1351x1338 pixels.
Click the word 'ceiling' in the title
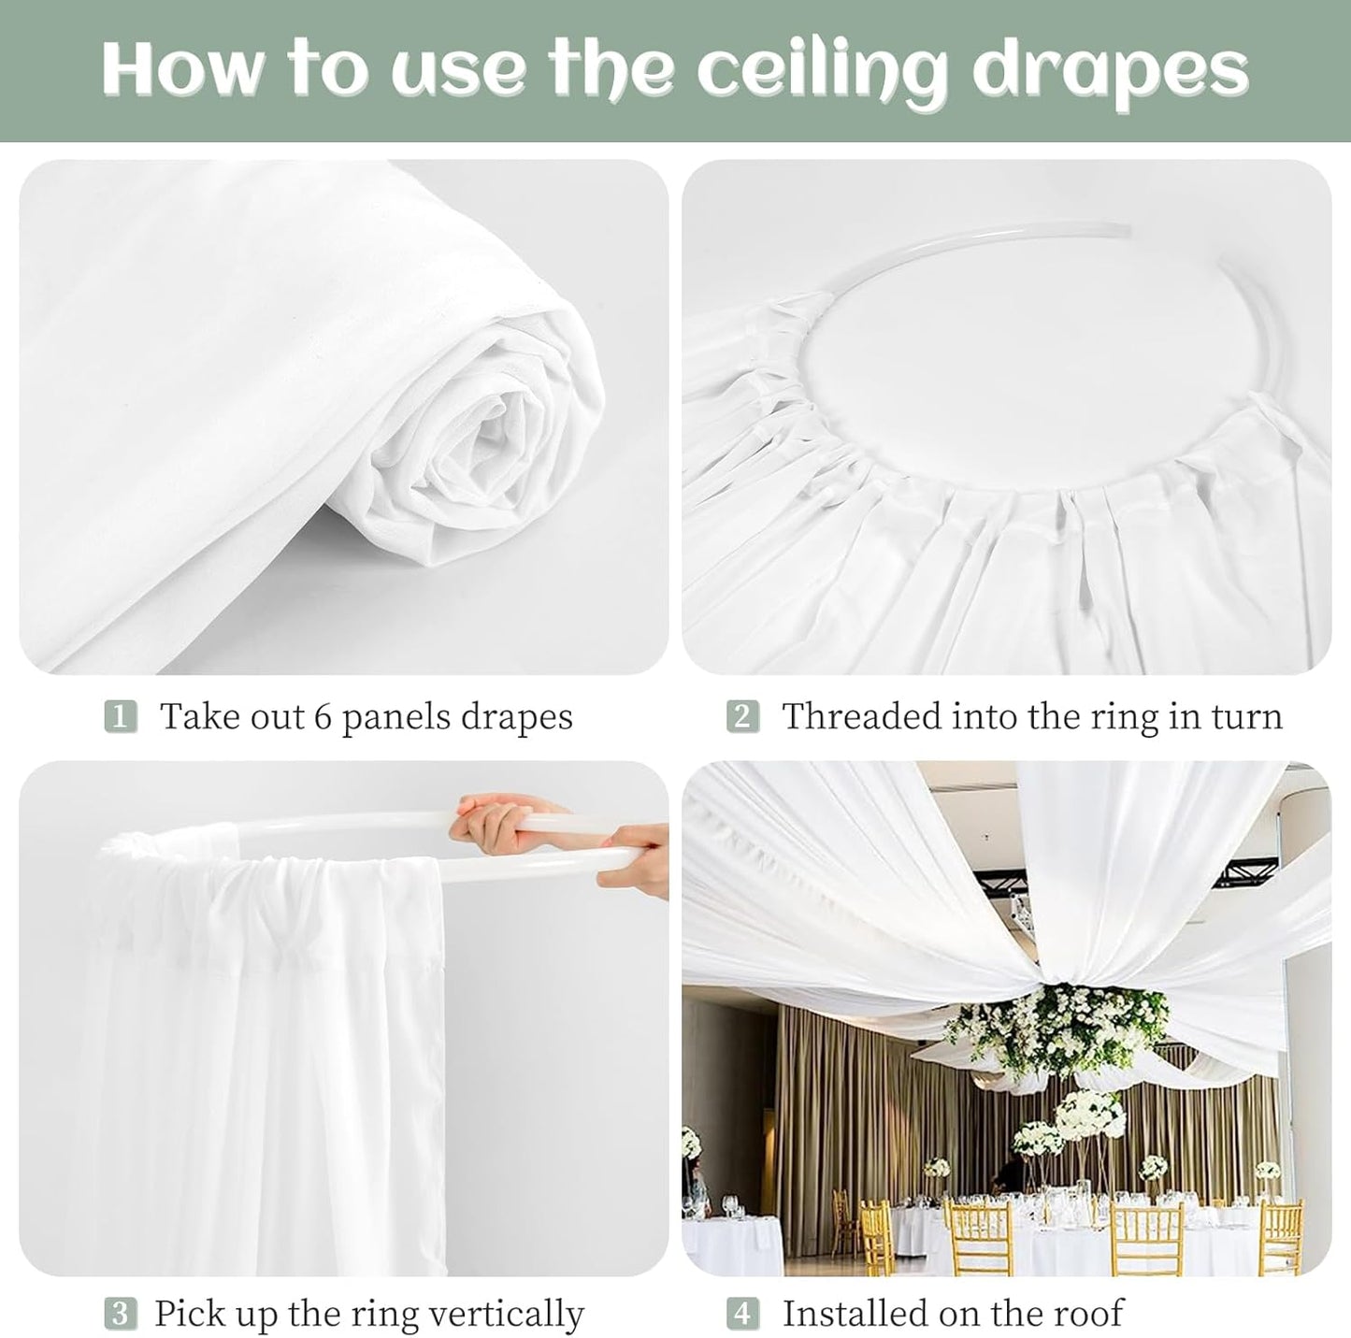(x=823, y=71)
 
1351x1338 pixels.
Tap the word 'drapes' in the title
(x=1110, y=71)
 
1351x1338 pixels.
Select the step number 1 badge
(x=120, y=717)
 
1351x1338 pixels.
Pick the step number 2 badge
(x=742, y=717)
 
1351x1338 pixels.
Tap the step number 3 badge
(x=120, y=1314)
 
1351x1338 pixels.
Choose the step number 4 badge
(x=742, y=1314)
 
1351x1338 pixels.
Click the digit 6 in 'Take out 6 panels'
(x=323, y=717)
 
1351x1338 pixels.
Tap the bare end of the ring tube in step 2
(x=1127, y=228)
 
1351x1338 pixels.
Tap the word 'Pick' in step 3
(x=185, y=1314)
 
